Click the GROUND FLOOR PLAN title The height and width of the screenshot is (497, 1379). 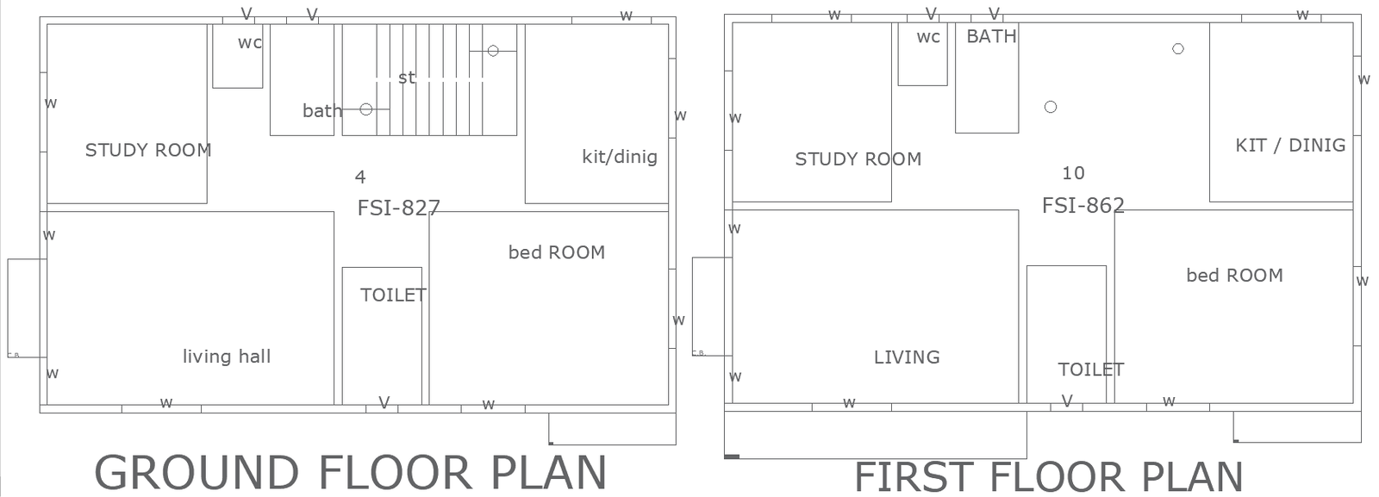[x=350, y=472]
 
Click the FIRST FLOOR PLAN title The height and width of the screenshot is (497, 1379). [x=1048, y=476]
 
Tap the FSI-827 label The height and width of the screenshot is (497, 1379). [x=398, y=208]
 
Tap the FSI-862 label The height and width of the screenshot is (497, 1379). [x=1083, y=205]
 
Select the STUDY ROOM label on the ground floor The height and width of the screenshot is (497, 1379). [x=148, y=150]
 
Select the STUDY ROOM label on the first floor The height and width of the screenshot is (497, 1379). [x=858, y=158]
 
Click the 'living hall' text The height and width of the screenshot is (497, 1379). [x=227, y=356]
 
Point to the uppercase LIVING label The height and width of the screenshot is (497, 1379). [x=907, y=357]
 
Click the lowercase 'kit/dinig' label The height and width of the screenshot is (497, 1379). [x=619, y=157]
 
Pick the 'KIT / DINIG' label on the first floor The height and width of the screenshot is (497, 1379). [x=1290, y=145]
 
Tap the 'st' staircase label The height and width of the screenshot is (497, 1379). [x=406, y=78]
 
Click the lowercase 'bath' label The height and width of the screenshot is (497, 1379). [x=321, y=110]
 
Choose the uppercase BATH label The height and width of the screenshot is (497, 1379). [x=991, y=36]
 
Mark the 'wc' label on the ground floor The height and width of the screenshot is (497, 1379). [x=250, y=42]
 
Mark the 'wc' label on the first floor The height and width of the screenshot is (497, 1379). [x=928, y=37]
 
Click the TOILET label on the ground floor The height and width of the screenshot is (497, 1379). [x=393, y=295]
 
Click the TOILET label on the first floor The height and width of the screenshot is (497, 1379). [x=1090, y=370]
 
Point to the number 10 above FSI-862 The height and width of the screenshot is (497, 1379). [x=1073, y=173]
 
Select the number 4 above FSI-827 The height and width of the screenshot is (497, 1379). [x=360, y=177]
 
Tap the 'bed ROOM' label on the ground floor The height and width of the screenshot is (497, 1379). [x=556, y=252]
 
